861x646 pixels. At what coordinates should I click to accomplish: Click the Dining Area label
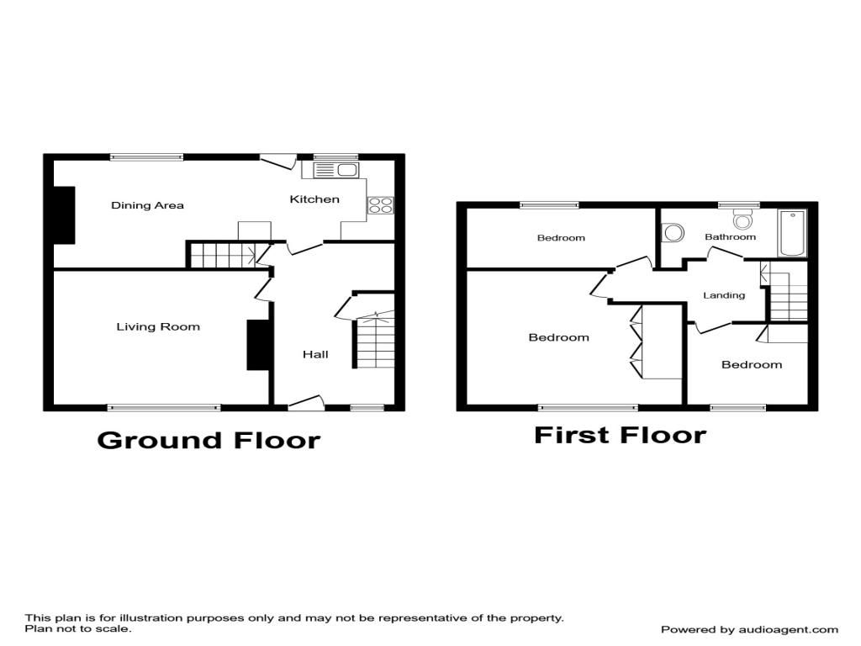click(147, 205)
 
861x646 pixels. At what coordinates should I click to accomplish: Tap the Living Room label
click(158, 327)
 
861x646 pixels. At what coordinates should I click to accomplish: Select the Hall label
click(315, 354)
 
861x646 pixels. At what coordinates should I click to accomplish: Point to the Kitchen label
click(314, 199)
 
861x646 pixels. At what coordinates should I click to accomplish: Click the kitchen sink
click(335, 170)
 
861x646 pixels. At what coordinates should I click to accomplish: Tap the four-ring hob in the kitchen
click(380, 205)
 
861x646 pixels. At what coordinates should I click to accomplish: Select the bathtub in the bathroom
click(792, 232)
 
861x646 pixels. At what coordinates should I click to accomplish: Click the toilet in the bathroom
click(742, 220)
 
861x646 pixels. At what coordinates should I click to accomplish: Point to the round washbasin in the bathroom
click(673, 232)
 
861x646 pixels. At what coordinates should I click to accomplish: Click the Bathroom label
click(730, 236)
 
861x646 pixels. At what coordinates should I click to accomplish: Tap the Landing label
click(724, 295)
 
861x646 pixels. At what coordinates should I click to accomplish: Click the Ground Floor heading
click(209, 441)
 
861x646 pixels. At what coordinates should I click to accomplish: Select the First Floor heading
click(620, 435)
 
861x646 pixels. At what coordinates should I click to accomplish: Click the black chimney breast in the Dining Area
click(64, 214)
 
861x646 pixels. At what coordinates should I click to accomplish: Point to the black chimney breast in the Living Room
click(258, 345)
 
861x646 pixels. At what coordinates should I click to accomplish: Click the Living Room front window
click(164, 408)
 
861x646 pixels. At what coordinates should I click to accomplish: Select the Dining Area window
click(146, 157)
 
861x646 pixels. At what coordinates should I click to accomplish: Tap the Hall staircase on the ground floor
click(374, 340)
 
